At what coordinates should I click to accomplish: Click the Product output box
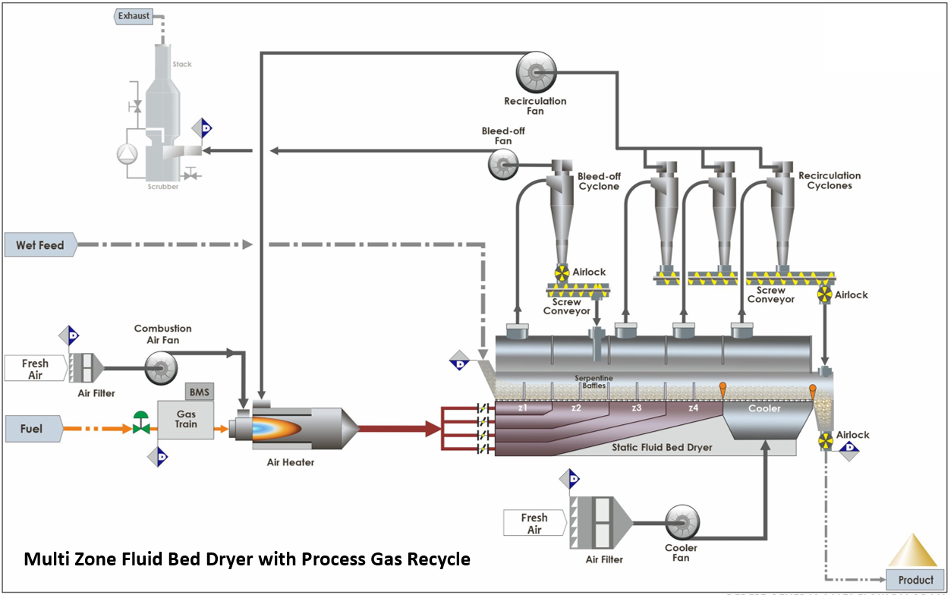click(x=915, y=579)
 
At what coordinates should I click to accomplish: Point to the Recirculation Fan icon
click(x=535, y=73)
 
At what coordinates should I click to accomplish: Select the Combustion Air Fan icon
click(x=161, y=369)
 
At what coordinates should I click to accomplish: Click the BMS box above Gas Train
click(x=200, y=391)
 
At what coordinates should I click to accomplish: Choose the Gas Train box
click(x=185, y=419)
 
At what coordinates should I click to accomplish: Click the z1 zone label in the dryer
click(x=522, y=408)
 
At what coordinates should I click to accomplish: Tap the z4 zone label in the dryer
click(x=692, y=408)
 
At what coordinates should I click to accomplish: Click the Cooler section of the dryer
click(x=764, y=408)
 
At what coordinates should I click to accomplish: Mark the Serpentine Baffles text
click(x=594, y=382)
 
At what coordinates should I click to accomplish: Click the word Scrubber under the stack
click(x=163, y=187)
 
